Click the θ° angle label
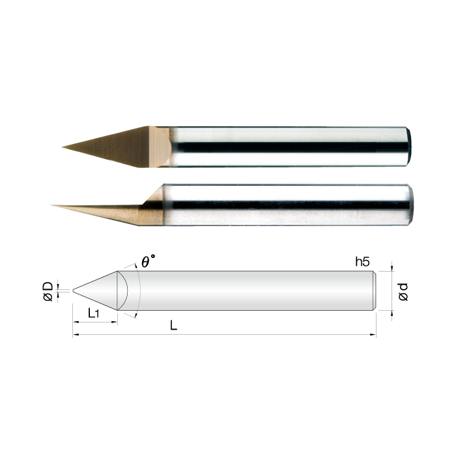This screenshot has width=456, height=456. pyautogui.click(x=149, y=261)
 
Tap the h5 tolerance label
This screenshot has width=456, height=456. pyautogui.click(x=362, y=262)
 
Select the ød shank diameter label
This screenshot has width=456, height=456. pyautogui.click(x=403, y=292)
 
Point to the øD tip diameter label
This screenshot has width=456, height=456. pyautogui.click(x=48, y=291)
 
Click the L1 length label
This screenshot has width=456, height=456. pyautogui.click(x=94, y=313)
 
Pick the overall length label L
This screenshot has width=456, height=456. pyautogui.click(x=173, y=325)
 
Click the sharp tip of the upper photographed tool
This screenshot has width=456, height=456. pyautogui.click(x=63, y=147)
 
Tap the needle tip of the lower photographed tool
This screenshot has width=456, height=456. pyautogui.click(x=52, y=205)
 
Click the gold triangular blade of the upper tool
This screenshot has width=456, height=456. pyautogui.click(x=117, y=147)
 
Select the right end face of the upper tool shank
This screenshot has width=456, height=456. pyautogui.click(x=408, y=147)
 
